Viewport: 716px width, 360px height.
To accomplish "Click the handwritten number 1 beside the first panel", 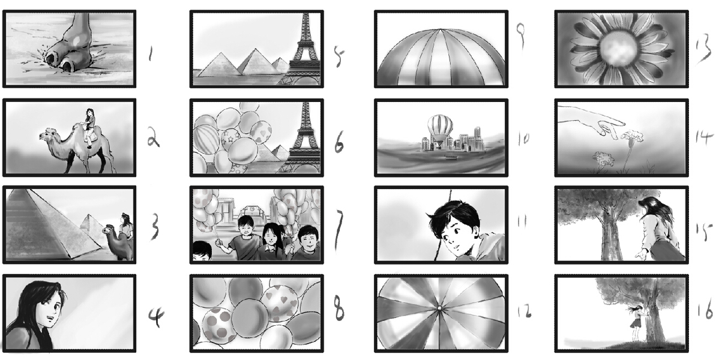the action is click(x=150, y=55).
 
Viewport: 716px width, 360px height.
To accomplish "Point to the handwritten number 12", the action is click(x=524, y=311).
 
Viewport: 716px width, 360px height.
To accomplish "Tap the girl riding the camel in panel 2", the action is click(x=89, y=127).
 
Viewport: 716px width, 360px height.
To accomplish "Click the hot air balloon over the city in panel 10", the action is click(x=440, y=128).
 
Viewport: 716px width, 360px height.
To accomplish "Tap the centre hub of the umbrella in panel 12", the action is click(x=439, y=308).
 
